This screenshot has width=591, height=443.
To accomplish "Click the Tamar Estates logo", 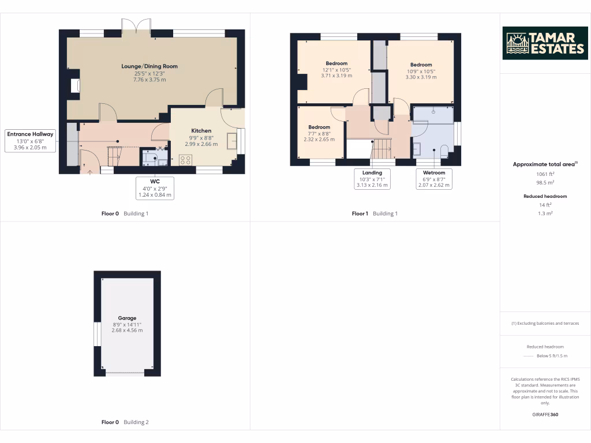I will point(545,43).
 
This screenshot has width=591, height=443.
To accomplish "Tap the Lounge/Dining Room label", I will point(149,66).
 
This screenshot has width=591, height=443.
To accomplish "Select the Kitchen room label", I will point(201,131).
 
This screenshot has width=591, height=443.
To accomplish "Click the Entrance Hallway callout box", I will point(30,141).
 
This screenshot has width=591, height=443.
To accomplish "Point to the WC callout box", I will point(155,188).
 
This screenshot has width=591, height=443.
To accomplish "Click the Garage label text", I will point(127,318).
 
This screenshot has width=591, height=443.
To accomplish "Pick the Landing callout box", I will point(372,179).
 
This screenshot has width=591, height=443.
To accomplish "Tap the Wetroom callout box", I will point(434,179).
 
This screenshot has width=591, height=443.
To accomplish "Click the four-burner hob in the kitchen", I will point(186,161).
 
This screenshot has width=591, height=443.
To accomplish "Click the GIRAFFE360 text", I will point(545,415).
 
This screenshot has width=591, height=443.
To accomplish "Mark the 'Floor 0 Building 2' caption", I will point(125,422).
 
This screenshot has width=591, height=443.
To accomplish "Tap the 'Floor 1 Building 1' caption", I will point(375,213).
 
